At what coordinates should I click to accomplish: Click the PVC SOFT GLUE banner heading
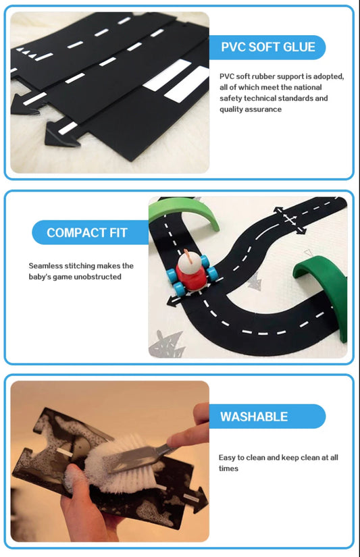click(x=268, y=47)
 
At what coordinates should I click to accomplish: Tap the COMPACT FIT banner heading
click(x=87, y=233)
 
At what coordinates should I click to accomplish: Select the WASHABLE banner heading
click(x=254, y=417)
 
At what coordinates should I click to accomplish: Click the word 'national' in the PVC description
click(x=308, y=87)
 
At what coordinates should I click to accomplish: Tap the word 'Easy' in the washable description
click(x=227, y=458)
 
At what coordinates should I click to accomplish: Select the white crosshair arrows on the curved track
click(x=290, y=219)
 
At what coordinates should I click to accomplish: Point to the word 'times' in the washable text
click(x=228, y=469)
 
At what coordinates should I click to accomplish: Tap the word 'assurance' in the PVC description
click(x=264, y=109)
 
